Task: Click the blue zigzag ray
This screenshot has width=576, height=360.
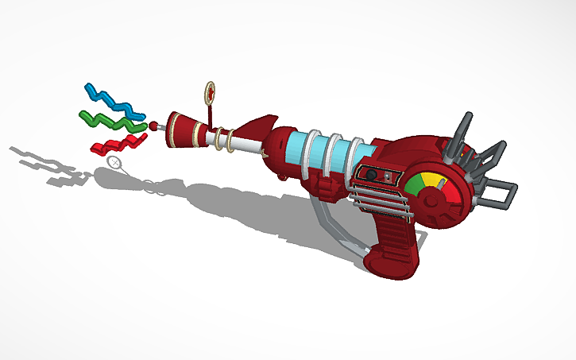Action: click(110, 98)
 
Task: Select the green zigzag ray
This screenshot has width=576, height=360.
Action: click(110, 121)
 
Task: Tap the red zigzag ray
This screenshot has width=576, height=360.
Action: click(119, 143)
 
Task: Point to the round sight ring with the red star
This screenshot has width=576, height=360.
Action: click(210, 91)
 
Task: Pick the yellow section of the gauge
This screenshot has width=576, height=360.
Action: click(430, 180)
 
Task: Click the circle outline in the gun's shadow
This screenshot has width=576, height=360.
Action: click(115, 163)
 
